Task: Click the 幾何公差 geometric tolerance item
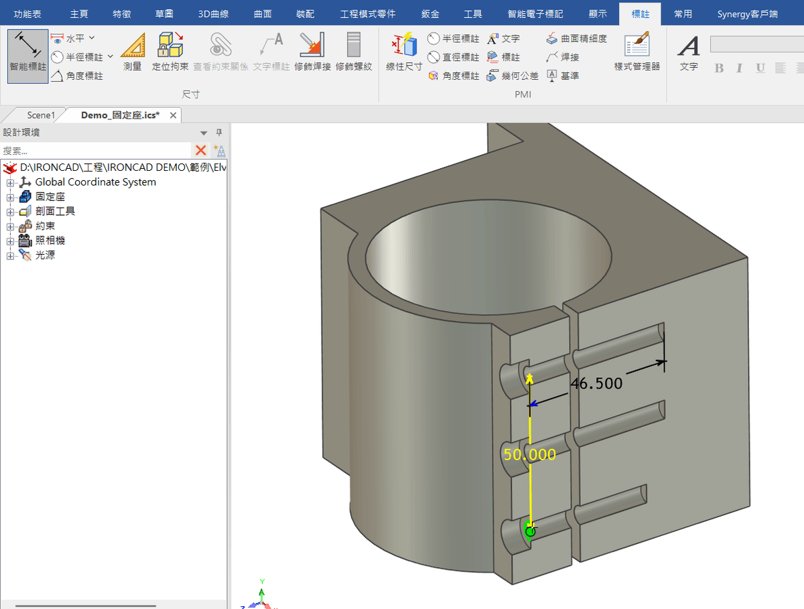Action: (513, 76)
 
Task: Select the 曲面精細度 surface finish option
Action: (577, 39)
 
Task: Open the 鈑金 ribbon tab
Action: (431, 13)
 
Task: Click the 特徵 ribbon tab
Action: (122, 13)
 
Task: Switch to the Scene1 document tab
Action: (41, 115)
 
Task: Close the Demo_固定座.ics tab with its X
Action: (173, 115)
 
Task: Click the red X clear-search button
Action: (200, 150)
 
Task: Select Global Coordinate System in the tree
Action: (95, 182)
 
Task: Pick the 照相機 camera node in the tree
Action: (50, 241)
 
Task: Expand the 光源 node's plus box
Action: (10, 256)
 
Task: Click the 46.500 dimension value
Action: (596, 383)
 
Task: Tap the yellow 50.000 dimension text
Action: (529, 454)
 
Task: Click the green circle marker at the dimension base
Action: (530, 531)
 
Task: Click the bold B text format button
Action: (719, 68)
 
